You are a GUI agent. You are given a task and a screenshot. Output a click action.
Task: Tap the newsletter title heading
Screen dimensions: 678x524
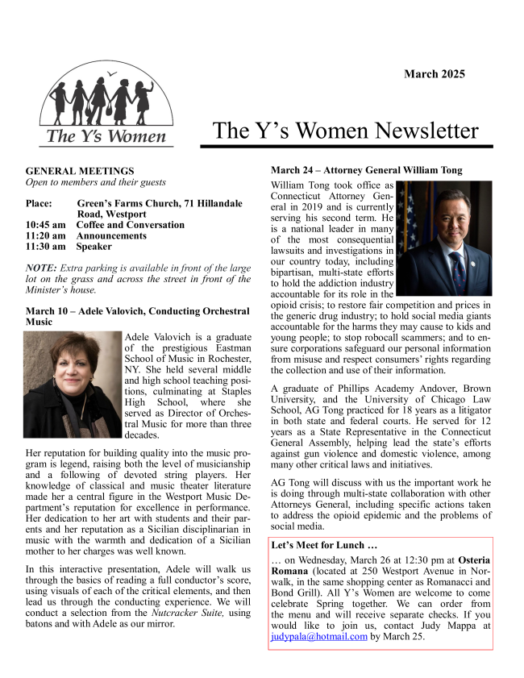coord(346,131)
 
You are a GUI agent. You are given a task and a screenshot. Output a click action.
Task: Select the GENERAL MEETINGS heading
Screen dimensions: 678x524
coord(80,171)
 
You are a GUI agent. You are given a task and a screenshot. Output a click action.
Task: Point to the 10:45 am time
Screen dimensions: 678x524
coord(45,225)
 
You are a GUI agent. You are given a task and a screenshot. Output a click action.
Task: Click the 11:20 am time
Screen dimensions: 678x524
coord(45,235)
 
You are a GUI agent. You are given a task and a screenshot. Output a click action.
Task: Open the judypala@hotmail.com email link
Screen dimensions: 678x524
coord(319,636)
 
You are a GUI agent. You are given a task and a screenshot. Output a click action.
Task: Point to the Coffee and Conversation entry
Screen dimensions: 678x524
coord(130,225)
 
